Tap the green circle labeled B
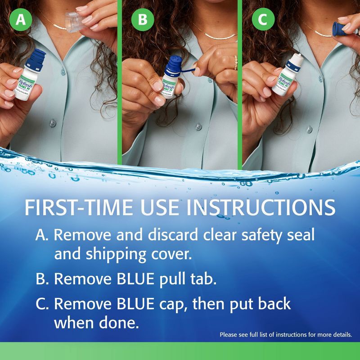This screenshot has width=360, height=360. (142, 20)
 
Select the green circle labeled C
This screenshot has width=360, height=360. (263, 20)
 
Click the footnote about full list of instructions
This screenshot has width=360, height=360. (285, 335)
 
